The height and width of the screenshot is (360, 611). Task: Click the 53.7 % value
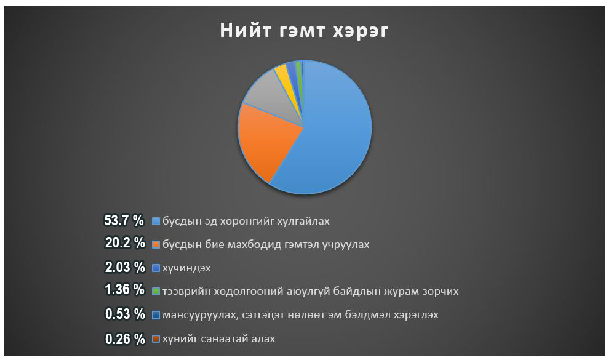coord(124,220)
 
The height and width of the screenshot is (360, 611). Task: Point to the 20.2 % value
coord(125,243)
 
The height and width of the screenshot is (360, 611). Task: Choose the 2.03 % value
coord(125,267)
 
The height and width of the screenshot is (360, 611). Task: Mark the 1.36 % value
coord(125,289)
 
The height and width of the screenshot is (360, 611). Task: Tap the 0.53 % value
coord(125,314)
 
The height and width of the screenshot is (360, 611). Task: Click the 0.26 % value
coord(125,339)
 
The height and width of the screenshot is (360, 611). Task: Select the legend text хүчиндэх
coord(186,268)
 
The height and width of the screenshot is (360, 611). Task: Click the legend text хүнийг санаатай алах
coord(219,339)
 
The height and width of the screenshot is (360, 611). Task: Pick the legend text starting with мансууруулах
coord(300,315)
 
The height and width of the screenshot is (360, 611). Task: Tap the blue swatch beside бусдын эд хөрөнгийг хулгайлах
coord(156,222)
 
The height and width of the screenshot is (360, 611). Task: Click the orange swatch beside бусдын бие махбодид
coord(156,245)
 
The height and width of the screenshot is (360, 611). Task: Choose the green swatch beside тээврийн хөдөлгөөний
coord(156,292)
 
